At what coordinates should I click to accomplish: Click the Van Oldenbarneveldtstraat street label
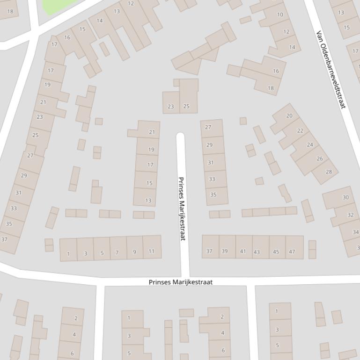(x=331, y=70)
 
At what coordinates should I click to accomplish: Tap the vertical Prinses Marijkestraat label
(x=182, y=209)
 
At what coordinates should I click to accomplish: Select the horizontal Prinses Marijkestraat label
(x=180, y=282)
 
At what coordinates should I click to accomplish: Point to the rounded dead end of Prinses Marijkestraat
(x=180, y=136)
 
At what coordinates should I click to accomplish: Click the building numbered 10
(x=279, y=14)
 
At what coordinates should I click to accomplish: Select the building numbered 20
(x=289, y=115)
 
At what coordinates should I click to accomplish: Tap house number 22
(x=300, y=131)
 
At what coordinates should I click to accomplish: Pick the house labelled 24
(x=310, y=145)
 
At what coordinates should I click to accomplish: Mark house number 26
(x=319, y=158)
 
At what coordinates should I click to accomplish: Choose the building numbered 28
(x=329, y=172)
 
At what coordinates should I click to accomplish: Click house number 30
(x=345, y=197)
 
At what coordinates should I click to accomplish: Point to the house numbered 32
(x=350, y=215)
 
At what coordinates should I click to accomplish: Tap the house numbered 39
(x=225, y=251)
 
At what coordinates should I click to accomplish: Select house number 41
(x=243, y=251)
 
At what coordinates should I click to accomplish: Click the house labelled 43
(x=257, y=252)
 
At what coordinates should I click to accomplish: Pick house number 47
(x=292, y=252)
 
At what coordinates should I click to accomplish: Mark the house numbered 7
(x=117, y=252)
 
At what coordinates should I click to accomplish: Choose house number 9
(x=135, y=252)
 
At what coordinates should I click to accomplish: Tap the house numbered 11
(x=151, y=251)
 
